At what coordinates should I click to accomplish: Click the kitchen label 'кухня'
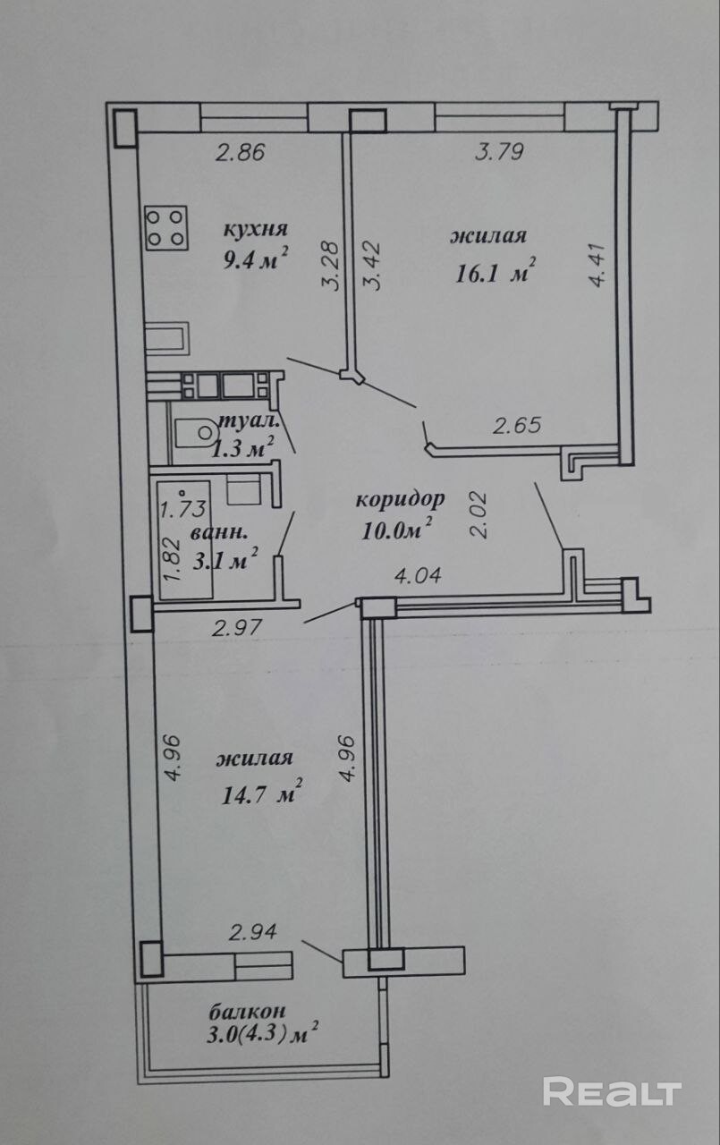(256, 230)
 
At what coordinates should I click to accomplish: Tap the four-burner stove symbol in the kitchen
(166, 228)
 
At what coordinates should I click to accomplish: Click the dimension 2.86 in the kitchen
(241, 152)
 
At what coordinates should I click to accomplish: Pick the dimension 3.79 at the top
(499, 152)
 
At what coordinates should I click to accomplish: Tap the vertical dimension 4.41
(597, 266)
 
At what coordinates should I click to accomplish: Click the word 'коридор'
(400, 499)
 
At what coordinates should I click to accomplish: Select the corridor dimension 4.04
(418, 576)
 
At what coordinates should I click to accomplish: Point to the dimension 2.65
(517, 425)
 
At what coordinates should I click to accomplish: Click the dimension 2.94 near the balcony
(252, 932)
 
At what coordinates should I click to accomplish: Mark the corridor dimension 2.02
(480, 514)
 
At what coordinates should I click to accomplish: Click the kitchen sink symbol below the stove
(167, 338)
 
